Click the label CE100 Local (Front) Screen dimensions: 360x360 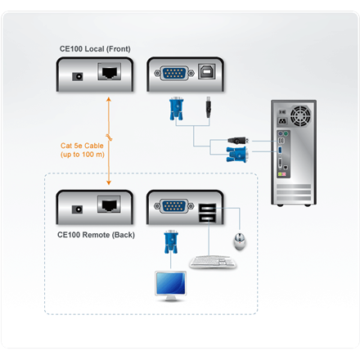coord(93,48)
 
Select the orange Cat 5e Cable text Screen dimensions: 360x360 coord(83,150)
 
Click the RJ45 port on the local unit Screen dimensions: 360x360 coord(109,74)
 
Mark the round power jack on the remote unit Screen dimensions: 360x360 coord(79,209)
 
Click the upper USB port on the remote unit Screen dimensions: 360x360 coord(207,205)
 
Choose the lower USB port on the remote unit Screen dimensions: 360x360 coord(207,216)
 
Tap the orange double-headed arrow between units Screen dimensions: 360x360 coord(109,138)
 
